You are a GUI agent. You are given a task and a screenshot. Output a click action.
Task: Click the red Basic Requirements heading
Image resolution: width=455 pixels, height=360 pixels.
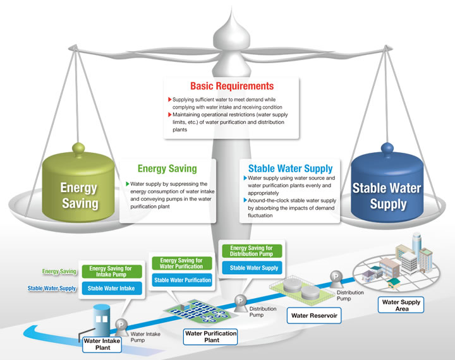coord(232,86)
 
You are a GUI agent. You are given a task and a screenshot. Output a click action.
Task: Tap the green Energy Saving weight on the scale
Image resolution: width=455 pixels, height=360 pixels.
coord(78,186)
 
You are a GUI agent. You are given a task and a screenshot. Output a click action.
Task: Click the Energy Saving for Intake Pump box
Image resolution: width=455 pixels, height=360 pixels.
coord(112,272)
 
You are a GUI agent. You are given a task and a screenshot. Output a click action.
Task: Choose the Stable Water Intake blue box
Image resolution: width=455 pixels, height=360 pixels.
coord(112,289)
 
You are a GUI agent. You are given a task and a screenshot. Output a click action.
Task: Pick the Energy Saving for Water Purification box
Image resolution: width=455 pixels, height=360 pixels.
coord(182,263)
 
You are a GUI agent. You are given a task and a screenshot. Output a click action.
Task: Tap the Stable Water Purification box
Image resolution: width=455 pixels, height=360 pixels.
coord(182,280)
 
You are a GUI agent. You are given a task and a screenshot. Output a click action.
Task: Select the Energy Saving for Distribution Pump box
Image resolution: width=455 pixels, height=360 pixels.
coord(252,251)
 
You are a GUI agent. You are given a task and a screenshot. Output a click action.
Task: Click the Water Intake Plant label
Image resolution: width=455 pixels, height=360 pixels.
coord(102,344)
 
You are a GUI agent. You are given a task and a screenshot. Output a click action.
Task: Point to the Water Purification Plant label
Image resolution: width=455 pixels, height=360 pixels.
coord(210,337)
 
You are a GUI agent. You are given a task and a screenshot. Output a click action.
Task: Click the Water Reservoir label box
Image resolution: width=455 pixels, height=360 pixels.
coord(314,316)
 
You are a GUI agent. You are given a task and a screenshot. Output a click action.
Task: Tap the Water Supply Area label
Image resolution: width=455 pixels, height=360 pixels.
coord(401,305)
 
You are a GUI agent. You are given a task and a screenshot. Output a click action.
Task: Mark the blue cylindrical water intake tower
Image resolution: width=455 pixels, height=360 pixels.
coord(101,319)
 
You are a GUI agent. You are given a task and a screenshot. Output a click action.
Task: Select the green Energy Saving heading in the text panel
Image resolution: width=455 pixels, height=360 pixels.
coord(167,169)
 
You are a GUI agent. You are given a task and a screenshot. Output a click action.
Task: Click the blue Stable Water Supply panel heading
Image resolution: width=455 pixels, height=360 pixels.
coord(291,169)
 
